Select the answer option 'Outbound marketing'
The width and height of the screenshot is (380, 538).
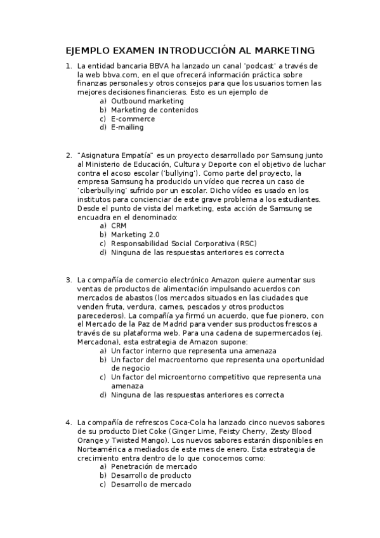click(x=147, y=101)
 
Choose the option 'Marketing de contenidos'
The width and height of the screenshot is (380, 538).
click(x=154, y=110)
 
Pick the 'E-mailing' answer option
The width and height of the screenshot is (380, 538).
click(x=127, y=127)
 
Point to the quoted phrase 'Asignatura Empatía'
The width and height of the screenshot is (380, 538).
click(x=115, y=155)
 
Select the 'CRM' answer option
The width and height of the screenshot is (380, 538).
click(x=119, y=225)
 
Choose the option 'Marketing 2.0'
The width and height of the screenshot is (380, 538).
click(x=135, y=234)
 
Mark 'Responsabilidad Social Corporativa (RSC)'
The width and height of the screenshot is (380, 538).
click(x=184, y=243)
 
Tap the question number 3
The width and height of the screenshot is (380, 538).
click(x=69, y=280)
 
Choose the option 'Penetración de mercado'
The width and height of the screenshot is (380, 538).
click(x=154, y=466)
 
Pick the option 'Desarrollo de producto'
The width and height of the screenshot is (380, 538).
click(x=151, y=475)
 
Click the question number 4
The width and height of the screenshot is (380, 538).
click(x=69, y=422)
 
